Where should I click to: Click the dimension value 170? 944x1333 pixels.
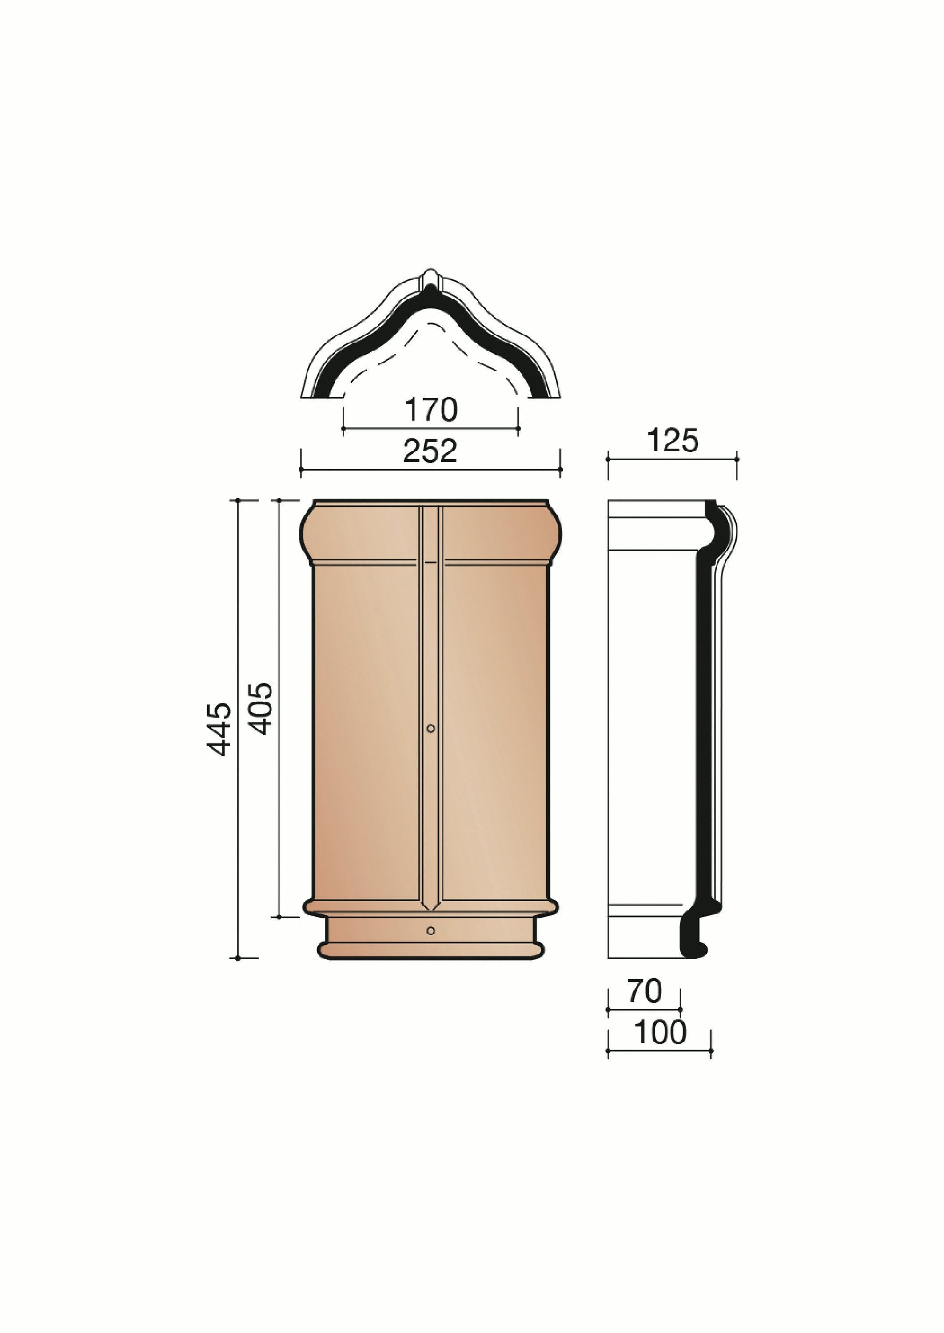(431, 411)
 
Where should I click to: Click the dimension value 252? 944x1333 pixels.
(431, 451)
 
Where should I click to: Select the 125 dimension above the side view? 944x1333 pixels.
(673, 441)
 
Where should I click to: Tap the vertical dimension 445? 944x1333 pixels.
(220, 729)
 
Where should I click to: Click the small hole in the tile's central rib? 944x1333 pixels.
(431, 728)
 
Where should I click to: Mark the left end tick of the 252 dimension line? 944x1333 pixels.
(301, 469)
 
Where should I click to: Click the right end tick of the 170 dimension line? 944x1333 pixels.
(518, 428)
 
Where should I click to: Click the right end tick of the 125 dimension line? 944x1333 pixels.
(737, 459)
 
